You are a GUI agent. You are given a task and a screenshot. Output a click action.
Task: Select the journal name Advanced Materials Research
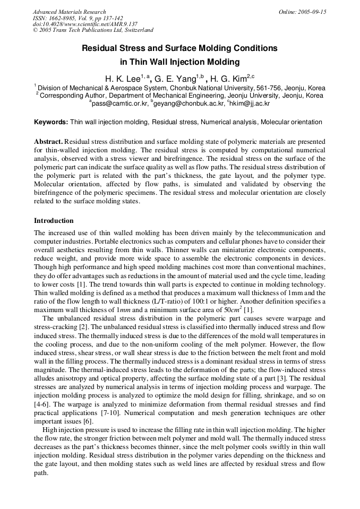(x=69, y=12)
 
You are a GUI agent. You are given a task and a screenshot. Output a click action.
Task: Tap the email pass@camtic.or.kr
(x=118, y=104)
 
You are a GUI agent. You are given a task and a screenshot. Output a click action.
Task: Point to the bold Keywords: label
(x=51, y=122)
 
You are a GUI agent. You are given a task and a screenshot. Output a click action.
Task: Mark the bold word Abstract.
(x=48, y=142)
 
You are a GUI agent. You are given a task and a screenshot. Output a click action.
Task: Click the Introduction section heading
(x=54, y=221)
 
